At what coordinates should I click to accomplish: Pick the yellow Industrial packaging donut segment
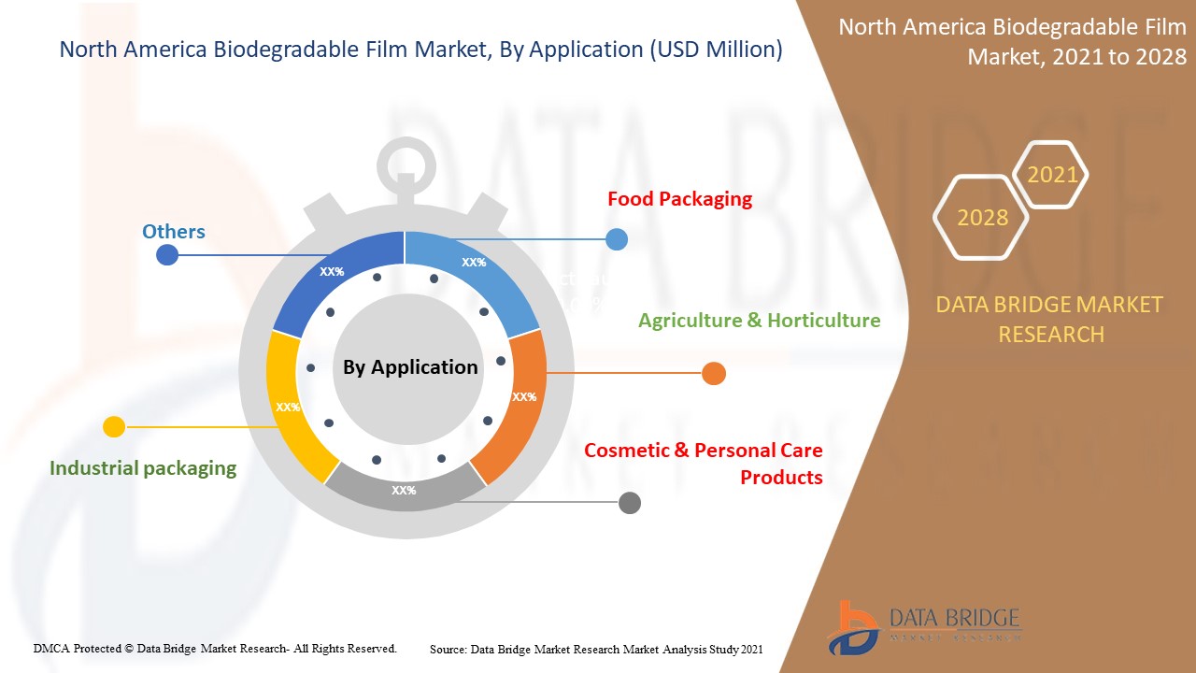point(290,407)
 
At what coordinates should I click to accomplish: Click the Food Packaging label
point(679,199)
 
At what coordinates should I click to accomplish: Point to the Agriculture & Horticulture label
point(759,321)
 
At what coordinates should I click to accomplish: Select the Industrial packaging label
point(143,468)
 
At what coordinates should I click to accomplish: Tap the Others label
point(173,232)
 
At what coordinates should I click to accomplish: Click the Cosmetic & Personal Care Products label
point(703,464)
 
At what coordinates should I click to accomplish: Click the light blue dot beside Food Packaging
point(617,239)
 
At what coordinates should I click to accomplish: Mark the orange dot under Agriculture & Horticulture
point(713,374)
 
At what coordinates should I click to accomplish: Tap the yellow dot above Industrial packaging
point(113,427)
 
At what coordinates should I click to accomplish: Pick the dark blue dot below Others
point(167,254)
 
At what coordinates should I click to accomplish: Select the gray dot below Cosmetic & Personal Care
point(630,503)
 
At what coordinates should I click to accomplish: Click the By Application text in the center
point(410,367)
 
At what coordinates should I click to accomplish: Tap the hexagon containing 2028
point(981,217)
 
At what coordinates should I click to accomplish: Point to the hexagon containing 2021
point(1051,175)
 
